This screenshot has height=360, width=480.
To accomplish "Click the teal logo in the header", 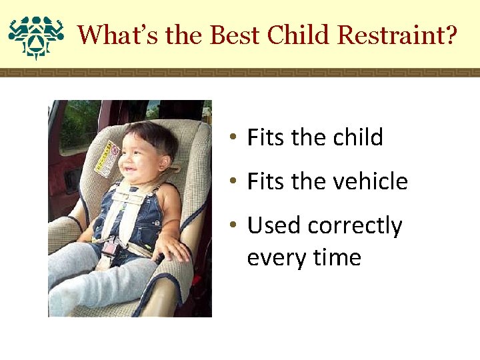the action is pos(36,37).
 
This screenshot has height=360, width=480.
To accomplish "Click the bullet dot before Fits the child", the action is pos(233,136).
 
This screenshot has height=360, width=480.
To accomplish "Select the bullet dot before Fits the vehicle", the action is pos(233,180).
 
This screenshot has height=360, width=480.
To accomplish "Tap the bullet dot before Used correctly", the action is pos(233,225).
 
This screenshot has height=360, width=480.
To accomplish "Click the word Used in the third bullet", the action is pos(273,225).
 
